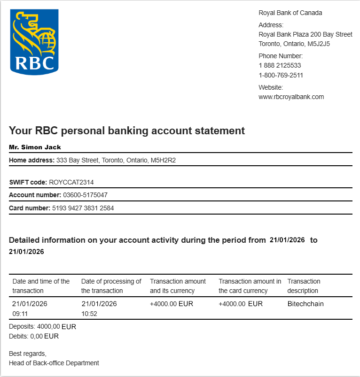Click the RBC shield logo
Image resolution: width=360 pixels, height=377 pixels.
click(x=34, y=41)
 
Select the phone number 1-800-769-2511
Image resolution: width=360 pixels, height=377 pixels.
click(x=281, y=75)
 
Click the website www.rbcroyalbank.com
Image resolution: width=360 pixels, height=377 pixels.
click(x=291, y=97)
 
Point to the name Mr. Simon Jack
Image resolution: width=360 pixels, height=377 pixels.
click(x=35, y=147)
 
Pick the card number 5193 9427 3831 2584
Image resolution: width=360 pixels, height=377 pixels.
click(x=83, y=208)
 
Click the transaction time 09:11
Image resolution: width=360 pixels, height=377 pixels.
click(x=20, y=313)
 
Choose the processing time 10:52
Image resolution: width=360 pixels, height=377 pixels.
click(x=89, y=313)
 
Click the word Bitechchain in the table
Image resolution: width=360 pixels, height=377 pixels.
click(x=305, y=304)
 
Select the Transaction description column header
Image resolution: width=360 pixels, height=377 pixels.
click(x=304, y=286)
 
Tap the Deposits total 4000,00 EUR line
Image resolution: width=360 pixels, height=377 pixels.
click(x=42, y=327)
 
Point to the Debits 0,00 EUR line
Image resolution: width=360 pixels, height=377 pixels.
click(x=34, y=336)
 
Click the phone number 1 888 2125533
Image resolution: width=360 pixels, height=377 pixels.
click(x=280, y=66)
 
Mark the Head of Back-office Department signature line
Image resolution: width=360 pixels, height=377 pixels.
click(x=54, y=362)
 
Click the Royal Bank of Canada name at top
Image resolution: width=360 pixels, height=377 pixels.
click(x=290, y=13)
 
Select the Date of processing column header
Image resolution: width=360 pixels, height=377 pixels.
click(x=111, y=286)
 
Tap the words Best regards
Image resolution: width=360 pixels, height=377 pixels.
click(x=28, y=353)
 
